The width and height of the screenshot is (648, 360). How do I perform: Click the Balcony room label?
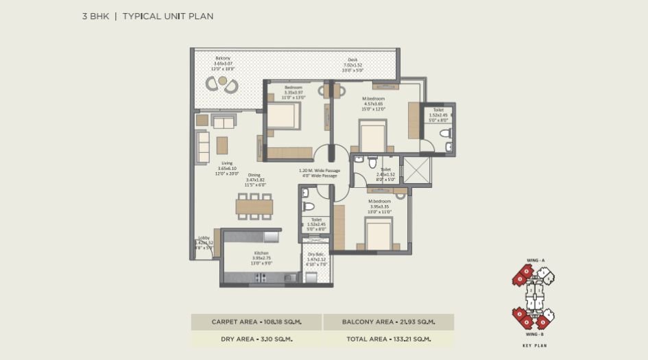coord(222,58)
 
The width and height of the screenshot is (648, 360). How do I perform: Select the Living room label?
coord(226,163)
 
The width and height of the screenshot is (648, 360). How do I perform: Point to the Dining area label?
coord(254,175)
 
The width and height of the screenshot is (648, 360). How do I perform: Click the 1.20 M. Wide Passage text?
coord(319,170)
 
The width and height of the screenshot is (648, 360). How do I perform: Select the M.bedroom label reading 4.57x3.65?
coord(374,98)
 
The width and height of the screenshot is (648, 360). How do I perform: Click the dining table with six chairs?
coord(254,206)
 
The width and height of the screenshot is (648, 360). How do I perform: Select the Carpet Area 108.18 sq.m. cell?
coord(256,322)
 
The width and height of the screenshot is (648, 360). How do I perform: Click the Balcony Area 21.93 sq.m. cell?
coord(387,322)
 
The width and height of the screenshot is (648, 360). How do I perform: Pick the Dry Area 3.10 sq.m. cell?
coord(256,339)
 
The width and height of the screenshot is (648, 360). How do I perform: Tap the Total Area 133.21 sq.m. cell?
coord(387,339)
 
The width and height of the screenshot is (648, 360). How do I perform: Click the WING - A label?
coord(536,261)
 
